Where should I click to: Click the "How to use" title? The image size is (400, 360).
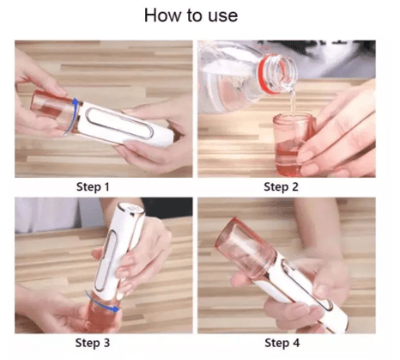pos(191,15)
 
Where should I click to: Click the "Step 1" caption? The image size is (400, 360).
pos(93,186)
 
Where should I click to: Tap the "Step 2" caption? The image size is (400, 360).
pos(281,186)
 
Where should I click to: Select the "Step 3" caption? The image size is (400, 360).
pos(93,343)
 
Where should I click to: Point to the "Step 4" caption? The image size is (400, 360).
pos(282,343)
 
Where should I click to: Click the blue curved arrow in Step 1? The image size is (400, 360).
pos(70,118)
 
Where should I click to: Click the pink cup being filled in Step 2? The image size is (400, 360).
pos(289,144)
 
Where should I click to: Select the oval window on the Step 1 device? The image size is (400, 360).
pos(119,123)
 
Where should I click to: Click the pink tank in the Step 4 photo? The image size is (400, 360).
pos(246,247)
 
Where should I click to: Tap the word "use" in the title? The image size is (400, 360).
pos(223,16)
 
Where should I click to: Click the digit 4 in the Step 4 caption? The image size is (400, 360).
pos(296,343)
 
